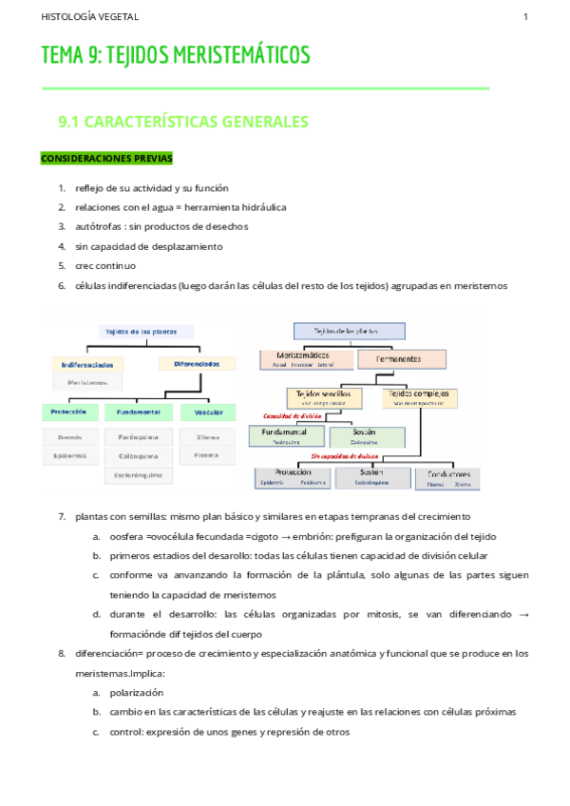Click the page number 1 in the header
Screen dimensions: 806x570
525,17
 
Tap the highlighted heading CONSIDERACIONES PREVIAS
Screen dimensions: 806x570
106,158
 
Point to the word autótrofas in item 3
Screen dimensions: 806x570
101,226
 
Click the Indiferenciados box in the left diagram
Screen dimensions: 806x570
87,365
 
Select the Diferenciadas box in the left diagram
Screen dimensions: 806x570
197,364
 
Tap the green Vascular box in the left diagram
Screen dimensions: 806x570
208,413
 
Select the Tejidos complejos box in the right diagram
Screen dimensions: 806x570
418,396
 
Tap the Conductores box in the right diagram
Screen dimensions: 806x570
448,476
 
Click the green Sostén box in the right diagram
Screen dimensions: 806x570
366,436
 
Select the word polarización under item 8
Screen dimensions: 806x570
137,693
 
